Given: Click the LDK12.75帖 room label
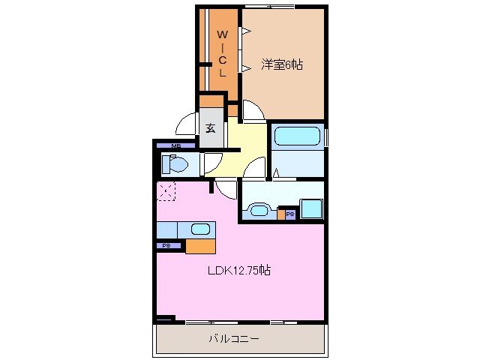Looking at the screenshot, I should pos(239,271).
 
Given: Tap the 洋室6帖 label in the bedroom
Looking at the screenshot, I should pos(282,65).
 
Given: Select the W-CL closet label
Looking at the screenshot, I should pos(223,52).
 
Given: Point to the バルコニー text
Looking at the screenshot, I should pos(233,339).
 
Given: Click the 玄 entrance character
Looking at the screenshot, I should pos(211,127).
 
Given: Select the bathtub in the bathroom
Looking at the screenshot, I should pos(297,136).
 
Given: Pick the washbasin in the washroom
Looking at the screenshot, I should pos(260,209).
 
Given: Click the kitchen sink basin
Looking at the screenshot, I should pos(200,229).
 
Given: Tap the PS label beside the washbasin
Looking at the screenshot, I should pos(289,214).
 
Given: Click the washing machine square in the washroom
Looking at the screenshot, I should pos(311,208).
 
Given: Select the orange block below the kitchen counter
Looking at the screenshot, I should pos(200,245).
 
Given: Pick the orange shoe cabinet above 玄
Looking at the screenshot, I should pos(211,101).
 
